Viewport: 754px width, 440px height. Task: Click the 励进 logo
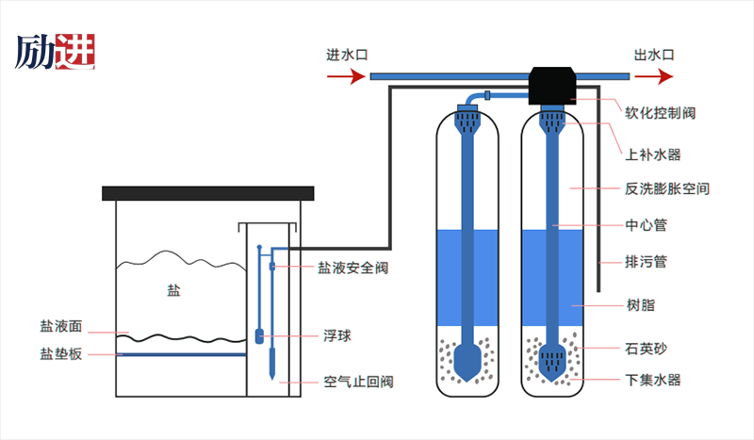56,52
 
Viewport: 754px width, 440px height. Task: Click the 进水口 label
346,55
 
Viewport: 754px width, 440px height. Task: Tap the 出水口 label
653,55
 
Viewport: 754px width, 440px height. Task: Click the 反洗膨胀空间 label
667,188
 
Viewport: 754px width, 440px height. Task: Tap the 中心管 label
646,225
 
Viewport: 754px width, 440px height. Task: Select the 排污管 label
646,261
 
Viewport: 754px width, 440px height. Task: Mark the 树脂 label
639,305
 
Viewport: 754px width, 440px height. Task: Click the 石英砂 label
646,348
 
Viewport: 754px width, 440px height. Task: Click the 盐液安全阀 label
352,268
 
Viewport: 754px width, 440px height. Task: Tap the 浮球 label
337,335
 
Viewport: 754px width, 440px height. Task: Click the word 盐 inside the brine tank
172,291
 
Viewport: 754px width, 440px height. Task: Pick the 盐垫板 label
61,354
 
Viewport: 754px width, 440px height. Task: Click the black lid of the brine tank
206,193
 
